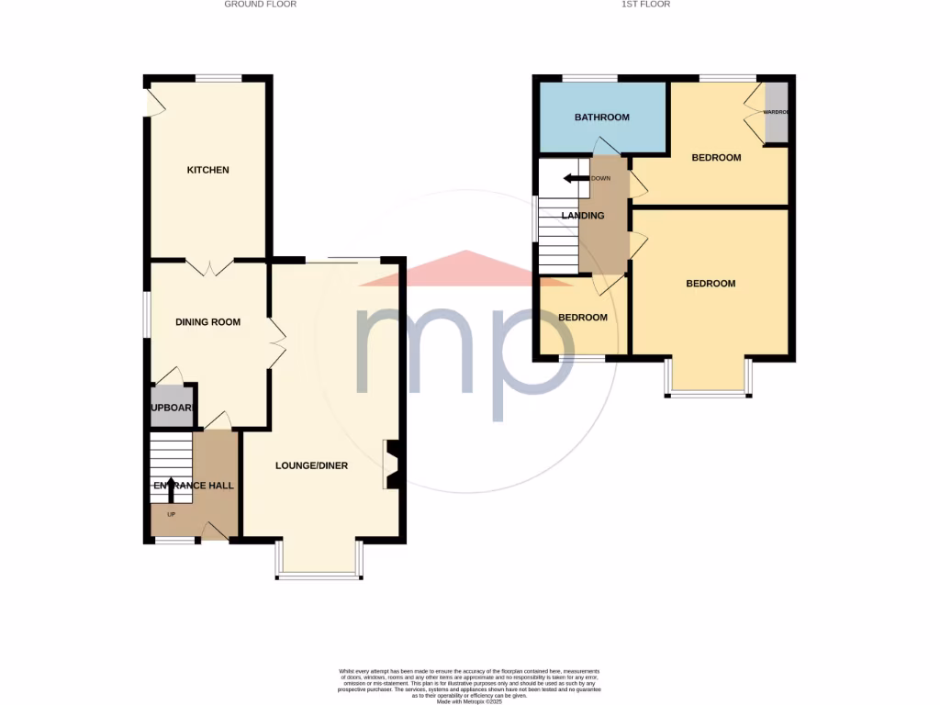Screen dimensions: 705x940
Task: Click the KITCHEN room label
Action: click(208, 170)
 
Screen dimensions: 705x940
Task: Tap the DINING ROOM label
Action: click(208, 322)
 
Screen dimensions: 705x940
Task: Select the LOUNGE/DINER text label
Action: click(312, 465)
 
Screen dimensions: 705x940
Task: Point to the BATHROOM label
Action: click(602, 117)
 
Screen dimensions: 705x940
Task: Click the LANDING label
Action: click(583, 216)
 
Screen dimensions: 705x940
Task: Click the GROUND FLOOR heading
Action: click(261, 5)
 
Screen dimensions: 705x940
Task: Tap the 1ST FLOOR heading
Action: click(646, 5)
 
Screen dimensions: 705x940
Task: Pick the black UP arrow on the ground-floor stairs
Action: click(169, 488)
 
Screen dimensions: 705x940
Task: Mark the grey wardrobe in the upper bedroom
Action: click(777, 112)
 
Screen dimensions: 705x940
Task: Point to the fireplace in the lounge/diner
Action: click(391, 464)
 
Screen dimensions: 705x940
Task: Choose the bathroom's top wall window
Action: click(589, 79)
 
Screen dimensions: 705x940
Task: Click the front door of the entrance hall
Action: click(215, 532)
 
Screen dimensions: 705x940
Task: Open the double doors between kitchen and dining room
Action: click(210, 267)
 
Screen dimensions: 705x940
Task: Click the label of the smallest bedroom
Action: click(583, 318)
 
